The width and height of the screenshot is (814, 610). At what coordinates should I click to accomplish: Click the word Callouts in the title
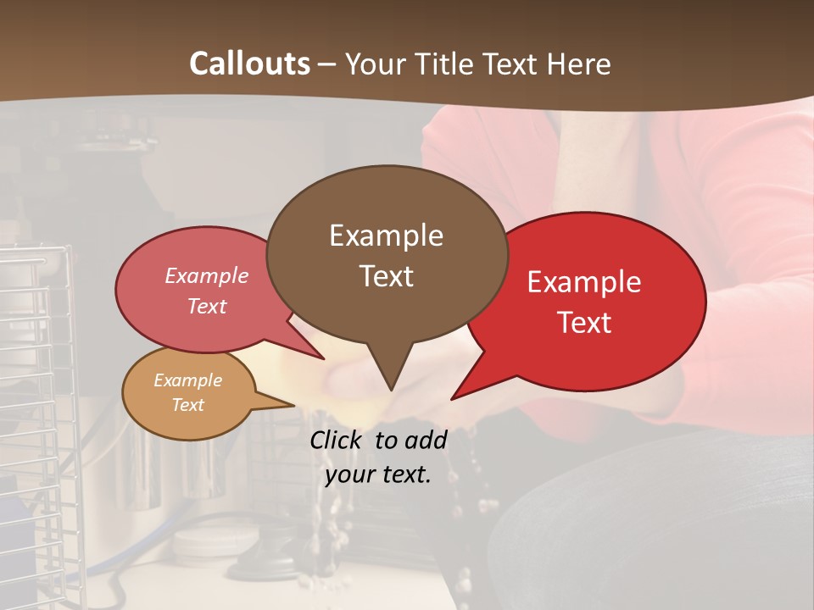[x=249, y=64]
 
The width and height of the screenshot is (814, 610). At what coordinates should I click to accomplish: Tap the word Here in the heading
[x=578, y=64]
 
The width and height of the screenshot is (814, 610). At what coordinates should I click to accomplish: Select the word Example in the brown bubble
[x=386, y=236]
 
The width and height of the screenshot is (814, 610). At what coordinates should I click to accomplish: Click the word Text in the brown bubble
[x=386, y=276]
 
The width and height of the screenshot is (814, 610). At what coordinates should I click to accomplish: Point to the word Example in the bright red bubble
[x=584, y=282]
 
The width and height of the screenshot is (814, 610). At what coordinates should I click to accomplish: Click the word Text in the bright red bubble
[x=584, y=323]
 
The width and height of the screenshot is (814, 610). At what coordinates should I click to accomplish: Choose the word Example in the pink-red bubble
[x=207, y=276]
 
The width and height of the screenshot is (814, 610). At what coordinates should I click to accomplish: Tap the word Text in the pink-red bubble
[x=207, y=306]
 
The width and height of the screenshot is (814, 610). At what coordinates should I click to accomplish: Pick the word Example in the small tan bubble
[x=188, y=380]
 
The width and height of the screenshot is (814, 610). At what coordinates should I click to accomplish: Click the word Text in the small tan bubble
[x=188, y=405]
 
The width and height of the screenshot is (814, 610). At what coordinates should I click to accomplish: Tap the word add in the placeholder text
[x=426, y=440]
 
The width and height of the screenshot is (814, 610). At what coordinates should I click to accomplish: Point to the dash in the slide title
[x=328, y=65]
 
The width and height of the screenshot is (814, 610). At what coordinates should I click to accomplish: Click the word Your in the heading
[x=376, y=64]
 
